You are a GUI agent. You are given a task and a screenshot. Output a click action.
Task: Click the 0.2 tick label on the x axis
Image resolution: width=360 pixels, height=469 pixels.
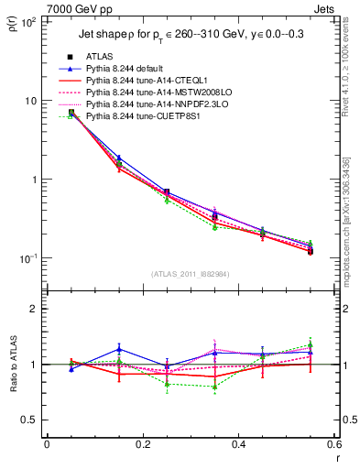[x=143, y=444]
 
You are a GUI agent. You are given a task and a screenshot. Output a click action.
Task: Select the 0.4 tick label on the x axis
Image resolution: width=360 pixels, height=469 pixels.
[x=239, y=444]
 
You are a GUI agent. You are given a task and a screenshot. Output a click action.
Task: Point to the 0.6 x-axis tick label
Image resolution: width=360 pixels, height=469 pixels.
[x=334, y=444]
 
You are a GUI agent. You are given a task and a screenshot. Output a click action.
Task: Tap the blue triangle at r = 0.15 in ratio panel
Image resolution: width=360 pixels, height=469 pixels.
[x=118, y=349]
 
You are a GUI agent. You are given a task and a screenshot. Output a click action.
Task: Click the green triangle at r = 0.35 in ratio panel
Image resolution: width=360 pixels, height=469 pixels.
[x=214, y=387]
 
